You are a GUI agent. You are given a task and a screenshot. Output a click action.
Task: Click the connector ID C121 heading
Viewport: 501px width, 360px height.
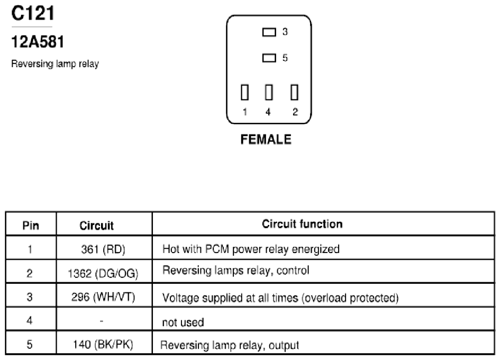pos(33,13)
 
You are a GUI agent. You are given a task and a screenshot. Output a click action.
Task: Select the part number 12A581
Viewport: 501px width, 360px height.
pos(38,42)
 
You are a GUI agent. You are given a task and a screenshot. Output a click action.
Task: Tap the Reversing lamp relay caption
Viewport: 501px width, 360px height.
pos(55,64)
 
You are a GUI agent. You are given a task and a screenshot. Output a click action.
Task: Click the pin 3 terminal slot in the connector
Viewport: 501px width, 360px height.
pos(269,32)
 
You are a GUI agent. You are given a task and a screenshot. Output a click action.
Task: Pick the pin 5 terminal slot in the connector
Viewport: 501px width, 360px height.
pos(269,58)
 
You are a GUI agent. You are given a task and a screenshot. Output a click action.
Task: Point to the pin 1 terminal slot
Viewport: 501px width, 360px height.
pos(245,92)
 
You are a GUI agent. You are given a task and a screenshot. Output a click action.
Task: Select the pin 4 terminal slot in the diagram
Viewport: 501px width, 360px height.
pos(269,92)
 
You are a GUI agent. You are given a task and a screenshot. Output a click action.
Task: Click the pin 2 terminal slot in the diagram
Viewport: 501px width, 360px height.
pos(294,92)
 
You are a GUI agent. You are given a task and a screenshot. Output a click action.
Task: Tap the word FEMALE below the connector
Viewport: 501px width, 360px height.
pos(266,140)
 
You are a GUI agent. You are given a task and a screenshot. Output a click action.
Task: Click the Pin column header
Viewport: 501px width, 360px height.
pos(31,226)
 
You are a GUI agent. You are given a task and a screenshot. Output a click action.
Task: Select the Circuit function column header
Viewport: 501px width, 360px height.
pos(302,224)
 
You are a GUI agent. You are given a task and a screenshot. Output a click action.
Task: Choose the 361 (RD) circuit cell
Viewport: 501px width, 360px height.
pos(103,249)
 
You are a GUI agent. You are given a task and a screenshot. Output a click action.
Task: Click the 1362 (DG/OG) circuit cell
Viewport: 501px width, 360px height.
pos(103,274)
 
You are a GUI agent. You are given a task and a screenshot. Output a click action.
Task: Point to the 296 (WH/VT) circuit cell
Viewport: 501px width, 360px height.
pos(103,298)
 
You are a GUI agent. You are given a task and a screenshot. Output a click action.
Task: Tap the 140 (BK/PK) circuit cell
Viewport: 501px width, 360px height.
pos(103,344)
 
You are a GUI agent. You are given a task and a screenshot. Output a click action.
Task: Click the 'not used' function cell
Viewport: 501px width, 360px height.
pos(183,322)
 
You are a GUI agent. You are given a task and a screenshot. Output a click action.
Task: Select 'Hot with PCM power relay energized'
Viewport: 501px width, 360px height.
pos(251,249)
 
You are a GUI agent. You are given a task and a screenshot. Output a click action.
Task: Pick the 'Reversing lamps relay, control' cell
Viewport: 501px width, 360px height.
pos(236,271)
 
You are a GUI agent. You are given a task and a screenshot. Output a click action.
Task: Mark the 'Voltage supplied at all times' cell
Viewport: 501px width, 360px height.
pos(280,298)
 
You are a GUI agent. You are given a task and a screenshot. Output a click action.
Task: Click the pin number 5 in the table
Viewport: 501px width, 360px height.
pos(30,344)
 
